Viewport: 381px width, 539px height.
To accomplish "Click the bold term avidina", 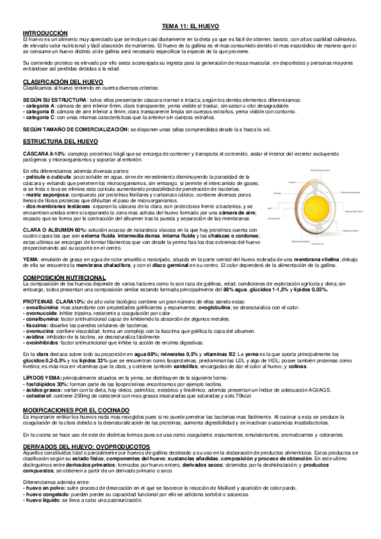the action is point(34,336).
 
